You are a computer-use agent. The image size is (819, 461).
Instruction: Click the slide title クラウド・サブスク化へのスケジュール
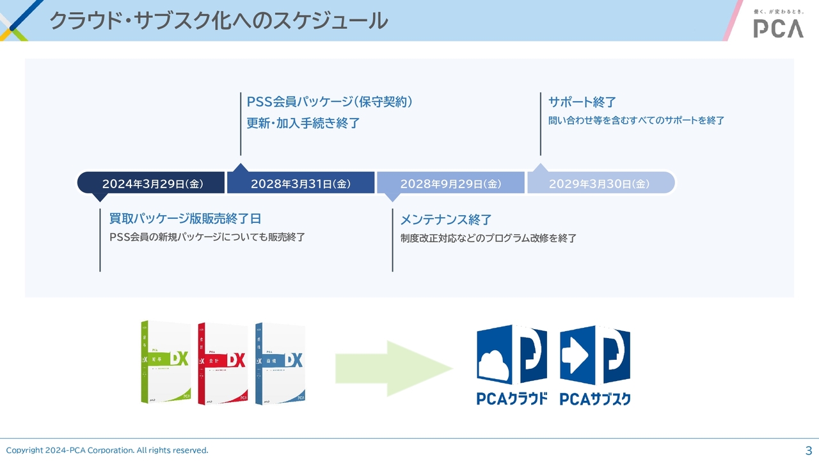point(218,21)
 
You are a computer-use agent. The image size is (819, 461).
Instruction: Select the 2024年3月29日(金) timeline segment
point(152,184)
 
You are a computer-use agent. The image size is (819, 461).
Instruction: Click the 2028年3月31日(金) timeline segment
point(301,184)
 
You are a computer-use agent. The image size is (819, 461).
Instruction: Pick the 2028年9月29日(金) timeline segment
point(450,184)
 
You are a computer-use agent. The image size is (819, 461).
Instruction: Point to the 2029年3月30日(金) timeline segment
point(600,184)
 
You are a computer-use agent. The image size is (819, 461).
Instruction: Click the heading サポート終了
point(582,102)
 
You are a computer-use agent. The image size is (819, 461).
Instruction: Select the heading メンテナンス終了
point(445,220)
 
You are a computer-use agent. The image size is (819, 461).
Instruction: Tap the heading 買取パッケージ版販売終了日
point(185,219)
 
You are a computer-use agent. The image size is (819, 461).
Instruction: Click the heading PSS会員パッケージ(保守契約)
point(330,102)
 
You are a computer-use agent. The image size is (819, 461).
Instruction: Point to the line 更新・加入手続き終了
point(303,124)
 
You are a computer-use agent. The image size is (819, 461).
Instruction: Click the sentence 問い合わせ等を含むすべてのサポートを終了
point(636,120)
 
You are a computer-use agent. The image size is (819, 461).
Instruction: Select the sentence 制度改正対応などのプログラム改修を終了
point(488,238)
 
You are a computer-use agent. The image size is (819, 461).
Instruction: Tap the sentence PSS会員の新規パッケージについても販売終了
point(207,238)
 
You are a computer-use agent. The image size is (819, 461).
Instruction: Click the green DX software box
point(166,362)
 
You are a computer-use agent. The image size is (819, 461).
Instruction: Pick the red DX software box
point(223,362)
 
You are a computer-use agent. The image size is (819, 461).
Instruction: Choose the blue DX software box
point(280,362)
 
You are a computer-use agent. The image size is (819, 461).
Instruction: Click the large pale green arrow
point(393,368)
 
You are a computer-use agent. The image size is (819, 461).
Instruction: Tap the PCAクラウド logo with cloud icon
point(511,365)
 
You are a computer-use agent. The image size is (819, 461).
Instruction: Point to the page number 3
point(808,449)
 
